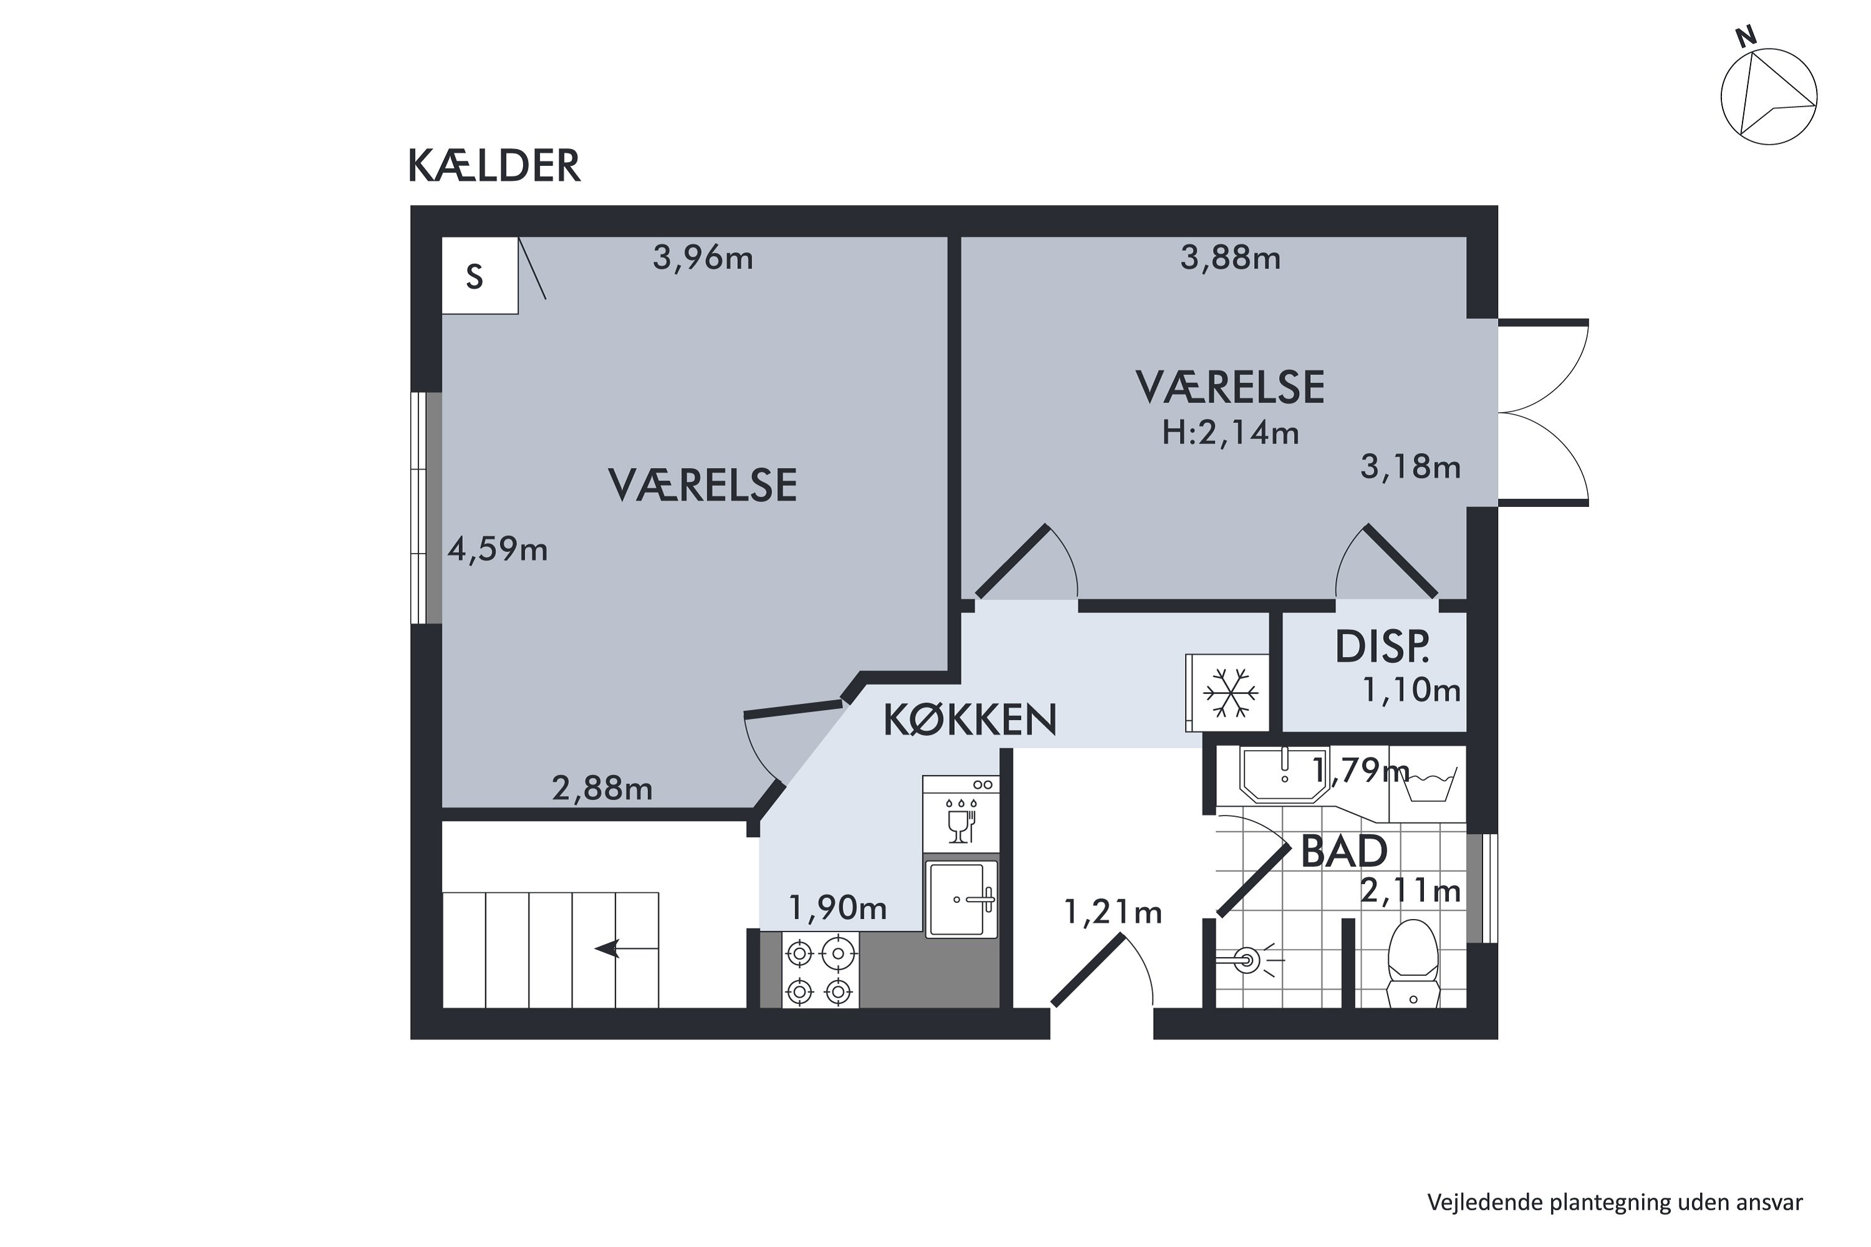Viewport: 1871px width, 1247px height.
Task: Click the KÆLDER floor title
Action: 493,166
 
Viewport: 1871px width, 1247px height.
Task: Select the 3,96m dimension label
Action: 702,258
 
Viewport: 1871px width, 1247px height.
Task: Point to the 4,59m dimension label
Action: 497,549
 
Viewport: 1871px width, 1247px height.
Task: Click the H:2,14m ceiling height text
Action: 1230,433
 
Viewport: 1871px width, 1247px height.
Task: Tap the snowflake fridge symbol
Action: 1230,693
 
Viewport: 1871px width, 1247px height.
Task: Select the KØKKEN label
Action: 970,720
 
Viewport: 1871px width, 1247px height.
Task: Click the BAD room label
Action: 1343,852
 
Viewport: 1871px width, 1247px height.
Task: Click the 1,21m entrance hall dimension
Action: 1112,912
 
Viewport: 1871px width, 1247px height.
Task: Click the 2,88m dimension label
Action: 602,789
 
